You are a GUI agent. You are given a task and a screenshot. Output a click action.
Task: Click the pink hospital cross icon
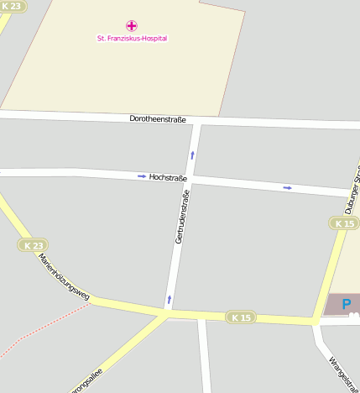coord(131,26)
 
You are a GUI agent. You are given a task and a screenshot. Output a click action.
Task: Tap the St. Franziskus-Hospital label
coord(132,38)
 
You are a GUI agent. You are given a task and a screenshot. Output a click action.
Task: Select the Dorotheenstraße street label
coord(158,119)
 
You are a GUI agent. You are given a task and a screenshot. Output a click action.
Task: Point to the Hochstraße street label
coord(168,178)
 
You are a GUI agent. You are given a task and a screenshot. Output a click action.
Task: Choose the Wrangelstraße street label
coord(342,375)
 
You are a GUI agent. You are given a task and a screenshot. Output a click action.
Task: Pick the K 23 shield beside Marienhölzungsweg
coord(32,245)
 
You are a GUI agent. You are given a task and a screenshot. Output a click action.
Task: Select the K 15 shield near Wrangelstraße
coord(240,317)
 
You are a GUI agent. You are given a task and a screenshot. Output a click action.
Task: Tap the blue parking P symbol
coord(347,302)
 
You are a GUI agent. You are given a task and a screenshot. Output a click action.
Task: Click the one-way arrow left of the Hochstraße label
coord(142,176)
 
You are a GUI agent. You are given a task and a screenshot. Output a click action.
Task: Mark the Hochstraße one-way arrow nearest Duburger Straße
coord(288,187)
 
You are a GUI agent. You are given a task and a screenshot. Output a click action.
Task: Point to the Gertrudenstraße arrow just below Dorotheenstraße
coord(192,155)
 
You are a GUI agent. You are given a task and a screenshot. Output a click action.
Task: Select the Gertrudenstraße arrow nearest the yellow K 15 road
coord(170,299)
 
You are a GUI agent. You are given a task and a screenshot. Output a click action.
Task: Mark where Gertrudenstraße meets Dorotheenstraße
coord(196,122)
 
